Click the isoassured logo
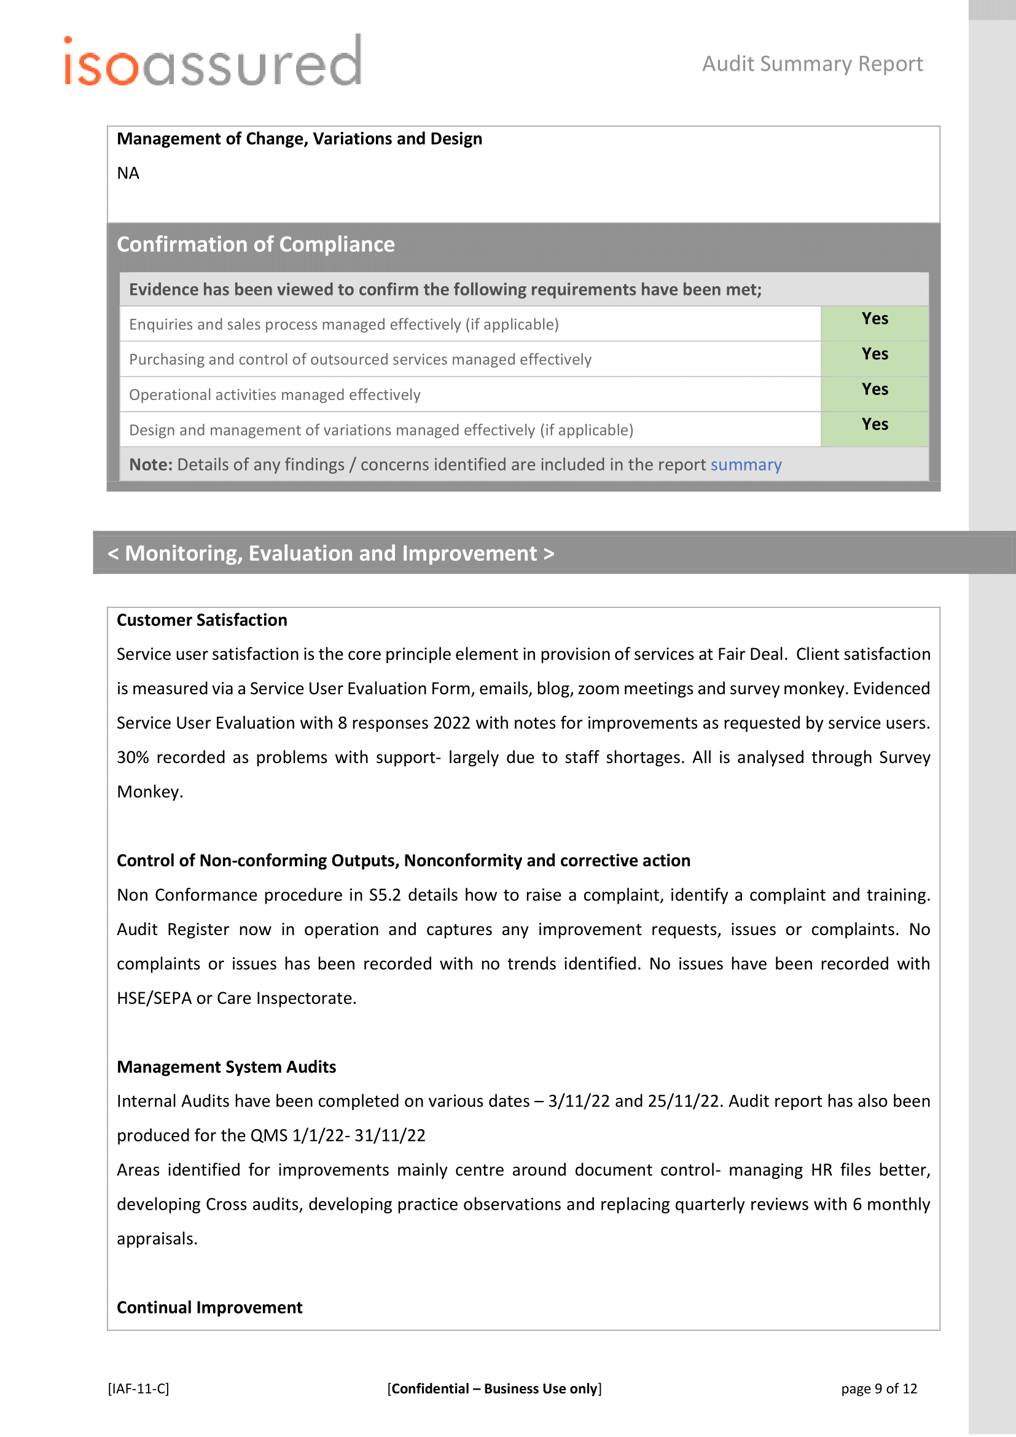tap(213, 62)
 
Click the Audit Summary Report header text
tap(812, 64)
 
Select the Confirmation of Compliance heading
tap(256, 244)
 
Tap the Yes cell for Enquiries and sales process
tap(874, 319)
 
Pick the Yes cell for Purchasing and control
tap(874, 354)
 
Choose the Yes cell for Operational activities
tap(874, 390)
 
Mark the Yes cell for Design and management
tap(874, 425)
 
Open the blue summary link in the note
tap(746, 465)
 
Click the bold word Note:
tap(150, 465)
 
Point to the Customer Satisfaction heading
tap(202, 621)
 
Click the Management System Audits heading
tap(227, 1067)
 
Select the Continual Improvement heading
tap(209, 1307)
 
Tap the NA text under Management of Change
tap(128, 173)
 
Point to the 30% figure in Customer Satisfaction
tap(133, 758)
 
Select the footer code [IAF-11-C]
tap(138, 1389)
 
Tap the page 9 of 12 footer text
tap(878, 1389)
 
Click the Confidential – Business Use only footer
tap(494, 1389)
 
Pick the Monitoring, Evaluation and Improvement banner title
tap(330, 554)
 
